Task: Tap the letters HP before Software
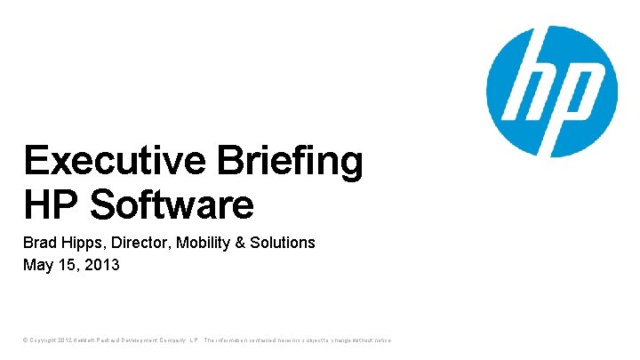(x=52, y=204)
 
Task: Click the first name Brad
(x=39, y=243)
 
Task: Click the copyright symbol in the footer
(x=26, y=340)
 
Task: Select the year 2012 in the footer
(x=62, y=340)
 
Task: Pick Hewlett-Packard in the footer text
(x=98, y=340)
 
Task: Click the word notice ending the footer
(x=380, y=340)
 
